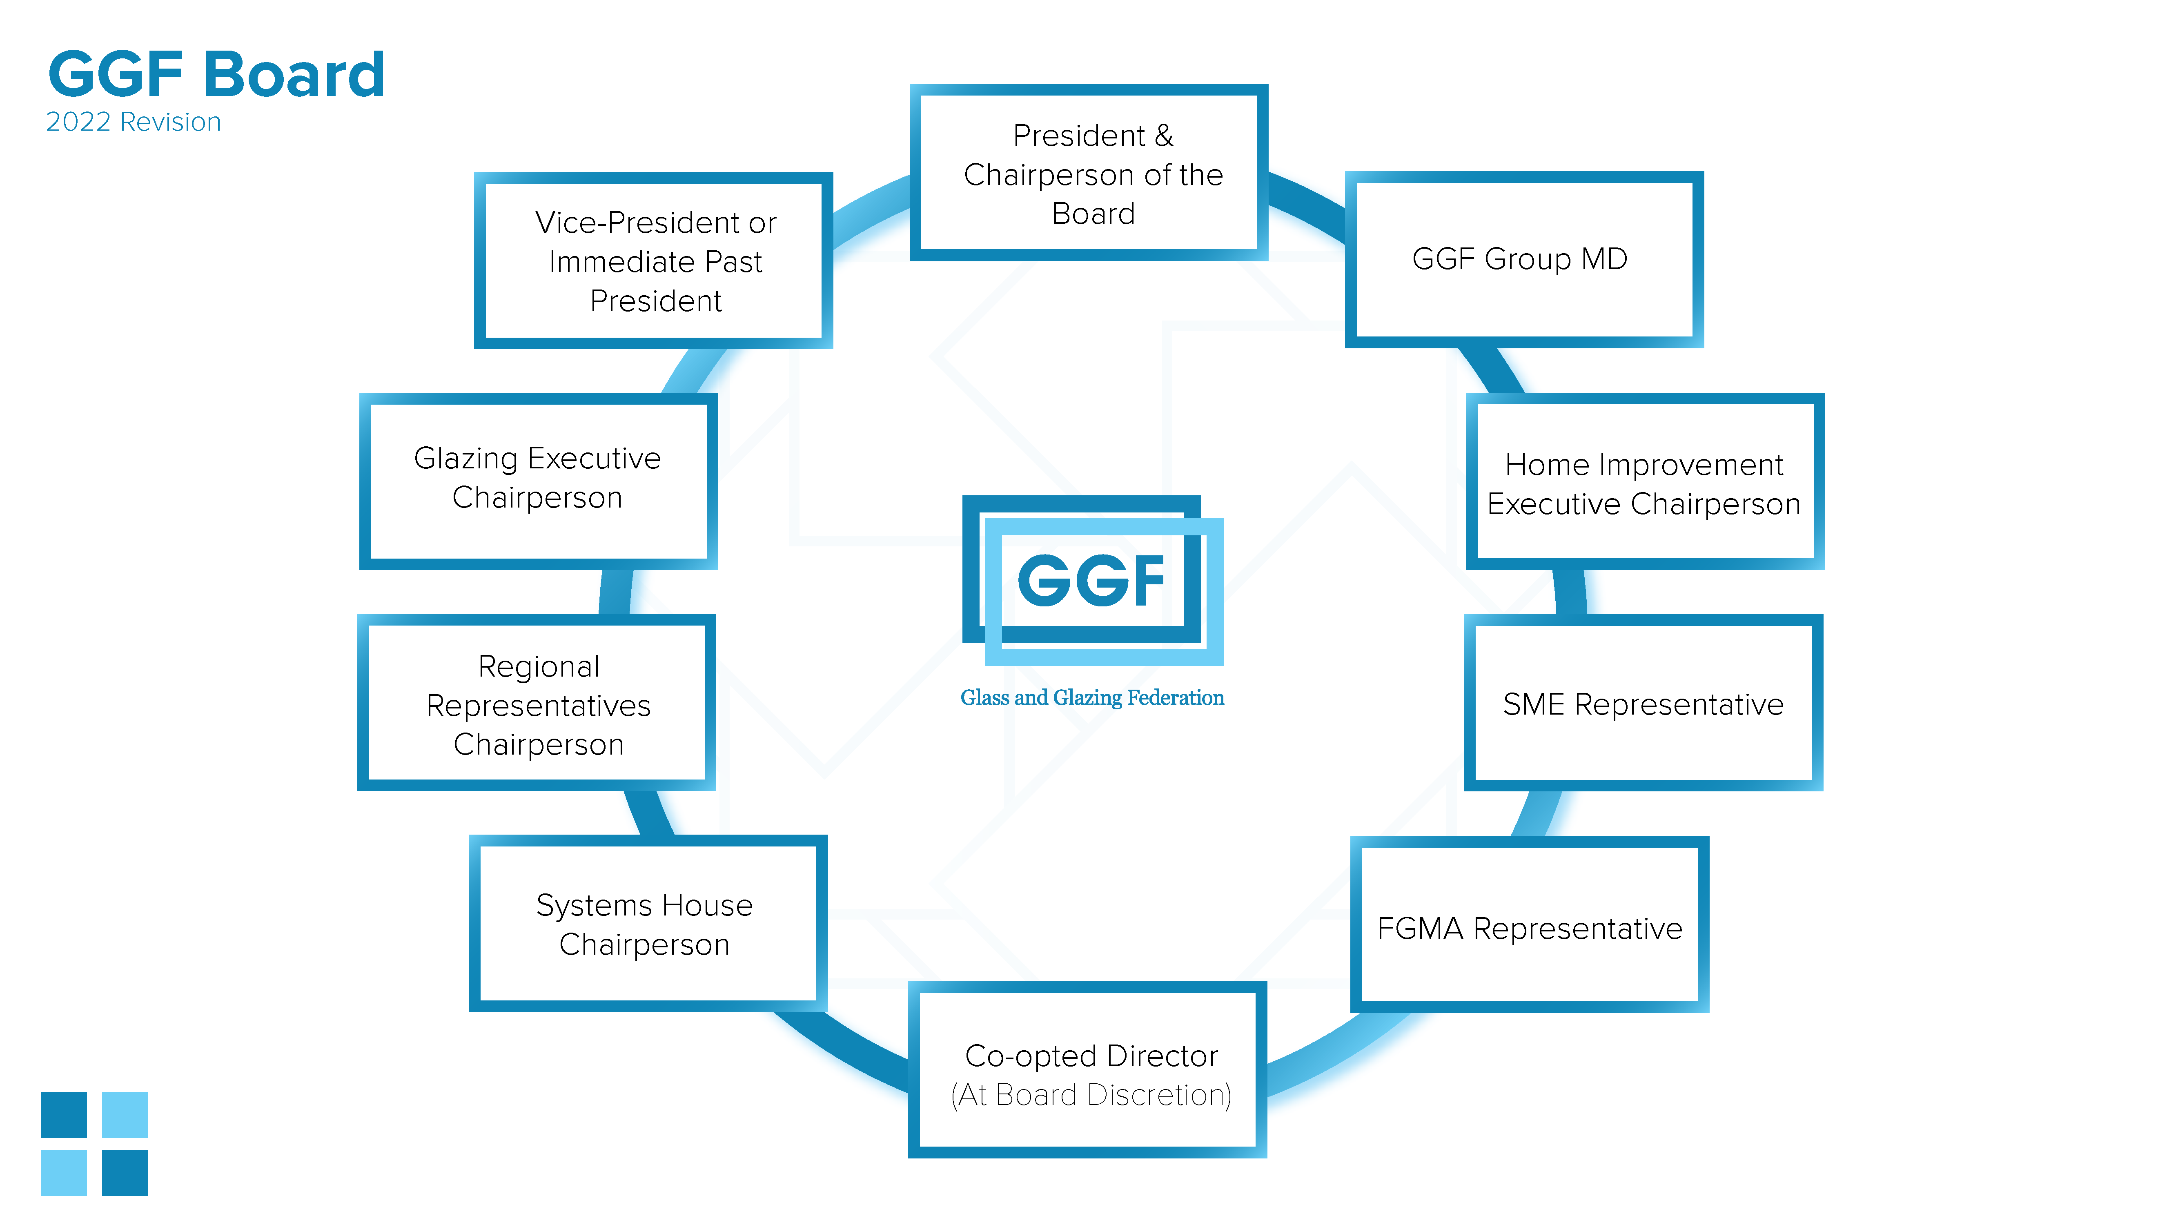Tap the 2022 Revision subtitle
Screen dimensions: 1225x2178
click(134, 122)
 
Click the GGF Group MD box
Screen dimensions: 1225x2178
click(1523, 260)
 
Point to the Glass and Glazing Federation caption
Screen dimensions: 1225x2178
click(1091, 697)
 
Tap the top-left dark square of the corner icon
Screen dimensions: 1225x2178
click(64, 1115)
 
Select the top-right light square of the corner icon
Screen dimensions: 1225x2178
click(125, 1115)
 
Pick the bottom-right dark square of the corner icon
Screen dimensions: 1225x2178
click(125, 1173)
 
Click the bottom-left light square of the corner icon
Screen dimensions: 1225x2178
click(64, 1173)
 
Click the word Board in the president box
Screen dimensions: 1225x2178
click(1093, 214)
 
